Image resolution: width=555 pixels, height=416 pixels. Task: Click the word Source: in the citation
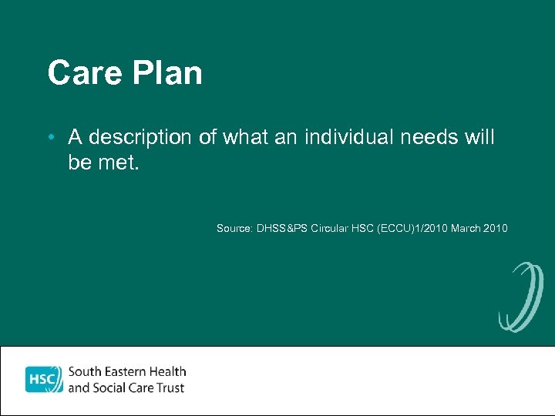(x=233, y=228)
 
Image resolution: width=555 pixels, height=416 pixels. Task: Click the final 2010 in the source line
(x=495, y=228)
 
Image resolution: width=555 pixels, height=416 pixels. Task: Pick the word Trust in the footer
(x=170, y=387)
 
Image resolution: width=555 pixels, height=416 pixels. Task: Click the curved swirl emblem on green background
(x=520, y=297)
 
